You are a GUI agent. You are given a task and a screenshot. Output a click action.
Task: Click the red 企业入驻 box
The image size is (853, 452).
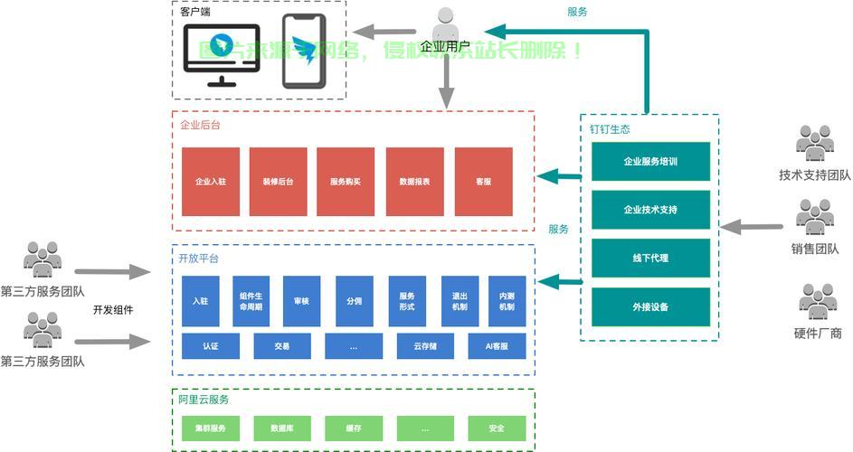pyautogui.click(x=210, y=182)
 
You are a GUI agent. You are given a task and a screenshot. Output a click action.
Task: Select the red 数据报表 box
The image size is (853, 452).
pyautogui.click(x=414, y=182)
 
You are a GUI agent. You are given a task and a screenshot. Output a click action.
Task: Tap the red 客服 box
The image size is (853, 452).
pyautogui.click(x=483, y=182)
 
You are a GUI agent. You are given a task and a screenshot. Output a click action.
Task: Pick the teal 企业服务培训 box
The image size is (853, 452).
pyautogui.click(x=650, y=162)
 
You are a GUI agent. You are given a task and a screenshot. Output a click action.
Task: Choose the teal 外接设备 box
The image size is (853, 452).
pyautogui.click(x=650, y=307)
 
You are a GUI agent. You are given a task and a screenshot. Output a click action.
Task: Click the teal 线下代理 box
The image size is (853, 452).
pyautogui.click(x=650, y=259)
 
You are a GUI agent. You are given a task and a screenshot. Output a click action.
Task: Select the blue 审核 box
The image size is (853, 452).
pyautogui.click(x=301, y=301)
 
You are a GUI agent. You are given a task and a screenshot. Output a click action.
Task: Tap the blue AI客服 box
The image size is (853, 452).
pyautogui.click(x=497, y=346)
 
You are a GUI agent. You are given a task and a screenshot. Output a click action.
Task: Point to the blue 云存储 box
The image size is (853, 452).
pyautogui.click(x=425, y=346)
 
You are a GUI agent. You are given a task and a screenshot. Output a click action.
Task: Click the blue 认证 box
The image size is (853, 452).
pyautogui.click(x=210, y=346)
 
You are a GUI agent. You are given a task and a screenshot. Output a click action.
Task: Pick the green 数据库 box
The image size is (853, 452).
pyautogui.click(x=281, y=428)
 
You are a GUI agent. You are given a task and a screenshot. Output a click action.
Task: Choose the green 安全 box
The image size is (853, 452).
pyautogui.click(x=497, y=428)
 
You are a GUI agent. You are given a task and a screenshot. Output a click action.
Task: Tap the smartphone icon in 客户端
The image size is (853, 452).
pyautogui.click(x=303, y=52)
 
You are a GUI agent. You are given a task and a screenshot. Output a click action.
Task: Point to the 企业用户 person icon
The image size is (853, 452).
pyautogui.click(x=445, y=24)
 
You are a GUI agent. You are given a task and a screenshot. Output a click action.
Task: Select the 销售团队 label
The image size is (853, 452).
pyautogui.click(x=816, y=250)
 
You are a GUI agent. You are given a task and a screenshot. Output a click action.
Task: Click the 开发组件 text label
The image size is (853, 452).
pyautogui.click(x=113, y=310)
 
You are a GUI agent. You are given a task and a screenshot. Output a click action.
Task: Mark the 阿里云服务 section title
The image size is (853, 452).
pyautogui.click(x=204, y=400)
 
